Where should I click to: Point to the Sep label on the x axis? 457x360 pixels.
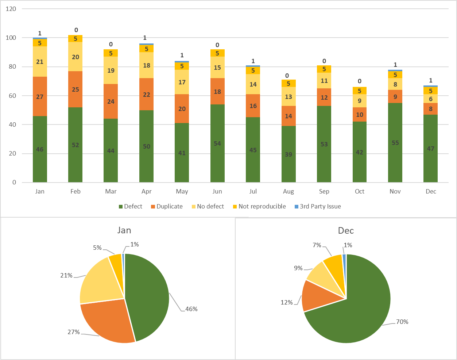coord(324,192)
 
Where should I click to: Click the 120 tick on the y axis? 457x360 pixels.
coord(11,9)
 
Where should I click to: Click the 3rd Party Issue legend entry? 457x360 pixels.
coord(320,206)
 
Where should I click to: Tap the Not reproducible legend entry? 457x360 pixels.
coord(262,206)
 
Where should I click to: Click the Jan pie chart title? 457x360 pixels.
coord(124,230)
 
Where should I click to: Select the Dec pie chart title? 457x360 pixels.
coord(346,231)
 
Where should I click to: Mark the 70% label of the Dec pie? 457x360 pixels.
coord(402,322)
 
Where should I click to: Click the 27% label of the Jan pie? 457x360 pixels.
coord(74,332)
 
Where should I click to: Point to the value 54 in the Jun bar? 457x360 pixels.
coord(217,143)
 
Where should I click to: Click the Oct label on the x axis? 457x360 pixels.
coord(360,192)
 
